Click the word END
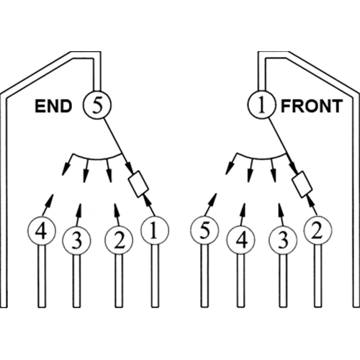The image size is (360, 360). coord(53,107)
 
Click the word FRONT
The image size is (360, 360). coord(312,107)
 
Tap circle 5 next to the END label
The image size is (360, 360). coord(97,105)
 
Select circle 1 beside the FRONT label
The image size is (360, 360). coord(261,105)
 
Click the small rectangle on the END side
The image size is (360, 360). coord(138,184)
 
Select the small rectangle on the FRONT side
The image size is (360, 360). coord(302,184)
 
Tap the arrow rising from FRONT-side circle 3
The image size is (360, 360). coord(281,215)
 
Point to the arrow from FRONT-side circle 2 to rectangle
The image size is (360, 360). coord(313,204)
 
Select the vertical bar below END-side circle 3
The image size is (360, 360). coord(76,281)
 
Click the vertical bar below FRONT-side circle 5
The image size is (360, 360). coord(204,276)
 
